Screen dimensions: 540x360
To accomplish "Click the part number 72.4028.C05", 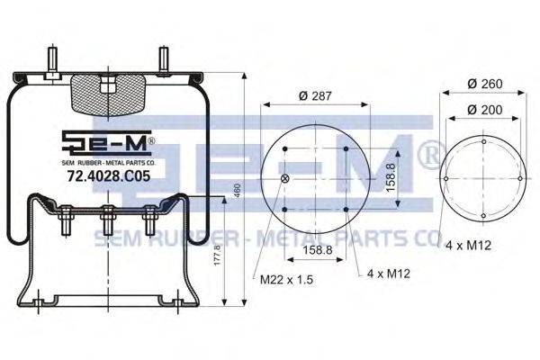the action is [109, 176].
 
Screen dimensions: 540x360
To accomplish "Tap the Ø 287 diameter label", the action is [315, 95].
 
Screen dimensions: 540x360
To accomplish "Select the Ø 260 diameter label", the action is [485, 84].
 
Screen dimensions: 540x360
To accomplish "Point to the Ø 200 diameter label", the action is [485, 110].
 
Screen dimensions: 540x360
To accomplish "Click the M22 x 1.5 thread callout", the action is [286, 279].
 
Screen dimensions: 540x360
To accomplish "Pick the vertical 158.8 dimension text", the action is [391, 177].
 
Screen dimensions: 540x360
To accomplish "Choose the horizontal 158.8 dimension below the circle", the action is [318, 250].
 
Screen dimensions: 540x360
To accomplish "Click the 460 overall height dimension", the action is [238, 191].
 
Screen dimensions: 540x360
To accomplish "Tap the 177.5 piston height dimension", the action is [217, 255].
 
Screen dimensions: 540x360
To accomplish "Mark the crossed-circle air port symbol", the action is [284, 178].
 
